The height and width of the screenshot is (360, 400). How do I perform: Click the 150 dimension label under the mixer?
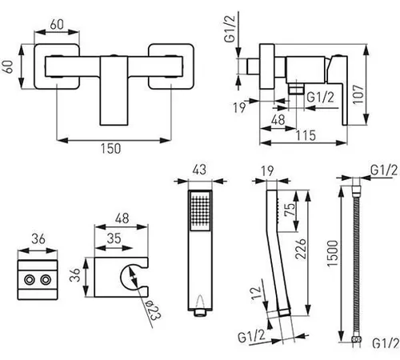click(110, 149)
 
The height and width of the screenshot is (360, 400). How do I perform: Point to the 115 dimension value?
click(306, 135)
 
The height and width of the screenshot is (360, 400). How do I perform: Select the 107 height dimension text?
click(358, 94)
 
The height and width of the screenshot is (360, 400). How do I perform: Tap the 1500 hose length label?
click(333, 253)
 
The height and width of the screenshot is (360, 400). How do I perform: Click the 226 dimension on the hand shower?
click(301, 249)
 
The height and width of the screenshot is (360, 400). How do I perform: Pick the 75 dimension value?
click(290, 209)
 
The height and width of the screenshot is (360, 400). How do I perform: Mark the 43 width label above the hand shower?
click(199, 170)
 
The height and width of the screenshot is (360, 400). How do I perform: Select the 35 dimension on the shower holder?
click(114, 238)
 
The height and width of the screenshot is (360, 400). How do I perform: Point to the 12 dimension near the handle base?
click(255, 293)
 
